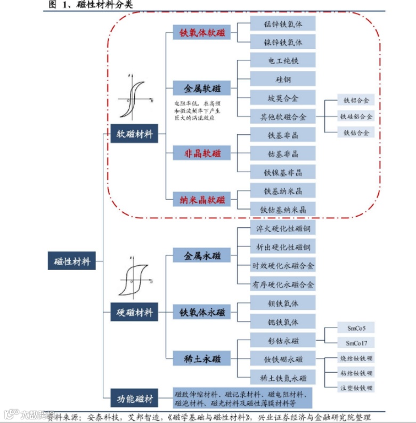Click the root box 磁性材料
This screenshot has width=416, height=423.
pyautogui.click(x=72, y=261)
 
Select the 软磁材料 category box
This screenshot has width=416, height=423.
pyautogui.click(x=135, y=134)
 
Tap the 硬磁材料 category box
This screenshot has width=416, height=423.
pyautogui.click(x=135, y=312)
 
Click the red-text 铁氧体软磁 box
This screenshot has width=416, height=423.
pyautogui.click(x=202, y=33)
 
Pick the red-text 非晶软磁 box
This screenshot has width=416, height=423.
pyautogui.click(x=202, y=154)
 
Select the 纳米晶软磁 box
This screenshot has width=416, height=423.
pyautogui.click(x=202, y=200)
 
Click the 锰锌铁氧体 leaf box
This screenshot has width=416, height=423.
pyautogui.click(x=283, y=24)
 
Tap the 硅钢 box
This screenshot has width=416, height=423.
pyautogui.click(x=283, y=79)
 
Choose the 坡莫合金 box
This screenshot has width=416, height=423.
pyautogui.click(x=283, y=98)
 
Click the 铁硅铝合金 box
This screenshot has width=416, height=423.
pyautogui.click(x=356, y=116)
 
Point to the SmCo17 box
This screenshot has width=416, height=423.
pyautogui.click(x=360, y=342)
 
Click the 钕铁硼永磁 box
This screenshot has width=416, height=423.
pyautogui.click(x=283, y=359)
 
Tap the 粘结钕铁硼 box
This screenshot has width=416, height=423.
pyautogui.click(x=356, y=372)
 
